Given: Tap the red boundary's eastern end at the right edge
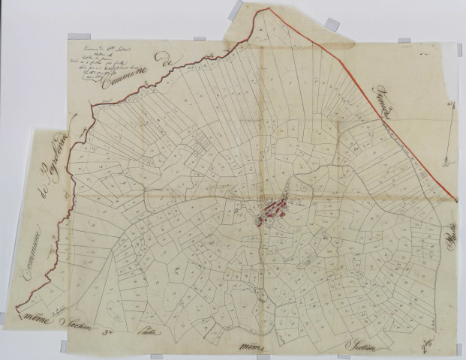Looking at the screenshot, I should tap(456, 201).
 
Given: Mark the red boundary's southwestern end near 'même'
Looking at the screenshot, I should tap(17, 309).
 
